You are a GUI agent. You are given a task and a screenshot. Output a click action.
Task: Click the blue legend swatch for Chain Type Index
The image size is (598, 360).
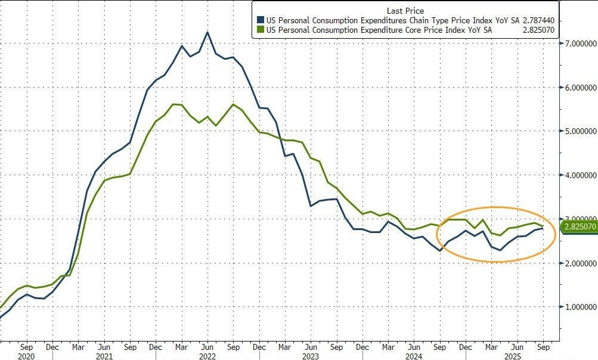click(260, 19)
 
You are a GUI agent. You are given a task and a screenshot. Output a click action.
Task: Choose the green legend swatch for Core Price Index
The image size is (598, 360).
click(260, 29)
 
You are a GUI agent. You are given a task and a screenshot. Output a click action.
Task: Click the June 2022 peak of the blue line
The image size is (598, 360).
click(207, 32)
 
